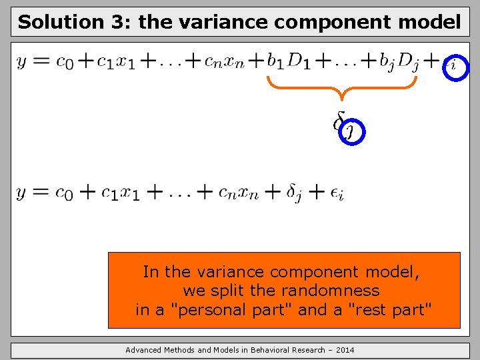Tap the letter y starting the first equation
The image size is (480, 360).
coord(22,63)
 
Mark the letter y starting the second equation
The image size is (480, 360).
coord(22,193)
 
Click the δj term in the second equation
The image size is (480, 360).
coord(299,193)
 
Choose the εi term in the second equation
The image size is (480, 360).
coord(337,194)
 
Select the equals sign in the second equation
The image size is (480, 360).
coord(40,193)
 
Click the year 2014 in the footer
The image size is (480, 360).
coord(345,350)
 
